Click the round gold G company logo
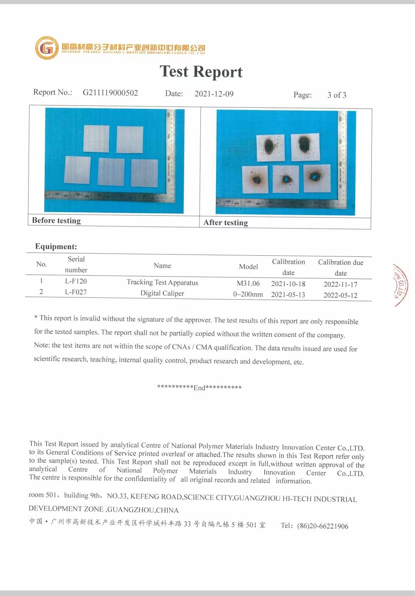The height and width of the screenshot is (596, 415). pyautogui.click(x=47, y=48)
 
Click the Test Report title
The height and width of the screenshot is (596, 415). pyautogui.click(x=201, y=72)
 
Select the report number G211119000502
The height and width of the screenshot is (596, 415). pyautogui.click(x=110, y=93)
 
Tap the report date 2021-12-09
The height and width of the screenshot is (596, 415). pyautogui.click(x=214, y=94)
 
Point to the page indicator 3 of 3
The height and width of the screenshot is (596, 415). pyautogui.click(x=337, y=95)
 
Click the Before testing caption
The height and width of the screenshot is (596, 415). pyautogui.click(x=56, y=221)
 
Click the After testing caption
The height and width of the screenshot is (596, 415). pyautogui.click(x=226, y=223)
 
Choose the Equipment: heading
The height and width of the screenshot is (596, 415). pyautogui.click(x=56, y=247)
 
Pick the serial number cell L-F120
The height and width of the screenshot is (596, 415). pyautogui.click(x=76, y=281)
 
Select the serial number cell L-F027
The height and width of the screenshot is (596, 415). pyautogui.click(x=76, y=292)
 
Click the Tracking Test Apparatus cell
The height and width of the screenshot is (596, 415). pyautogui.click(x=162, y=282)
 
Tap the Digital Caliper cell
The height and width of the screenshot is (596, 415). pyautogui.click(x=162, y=293)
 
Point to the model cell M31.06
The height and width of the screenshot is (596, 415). pyautogui.click(x=248, y=284)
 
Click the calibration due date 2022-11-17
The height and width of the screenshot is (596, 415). pyautogui.click(x=340, y=284)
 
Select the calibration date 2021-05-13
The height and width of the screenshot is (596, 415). pyautogui.click(x=288, y=295)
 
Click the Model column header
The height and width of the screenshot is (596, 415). pyautogui.click(x=248, y=267)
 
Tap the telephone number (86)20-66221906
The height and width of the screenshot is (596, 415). pyautogui.click(x=322, y=526)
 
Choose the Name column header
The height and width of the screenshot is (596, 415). pyautogui.click(x=162, y=266)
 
